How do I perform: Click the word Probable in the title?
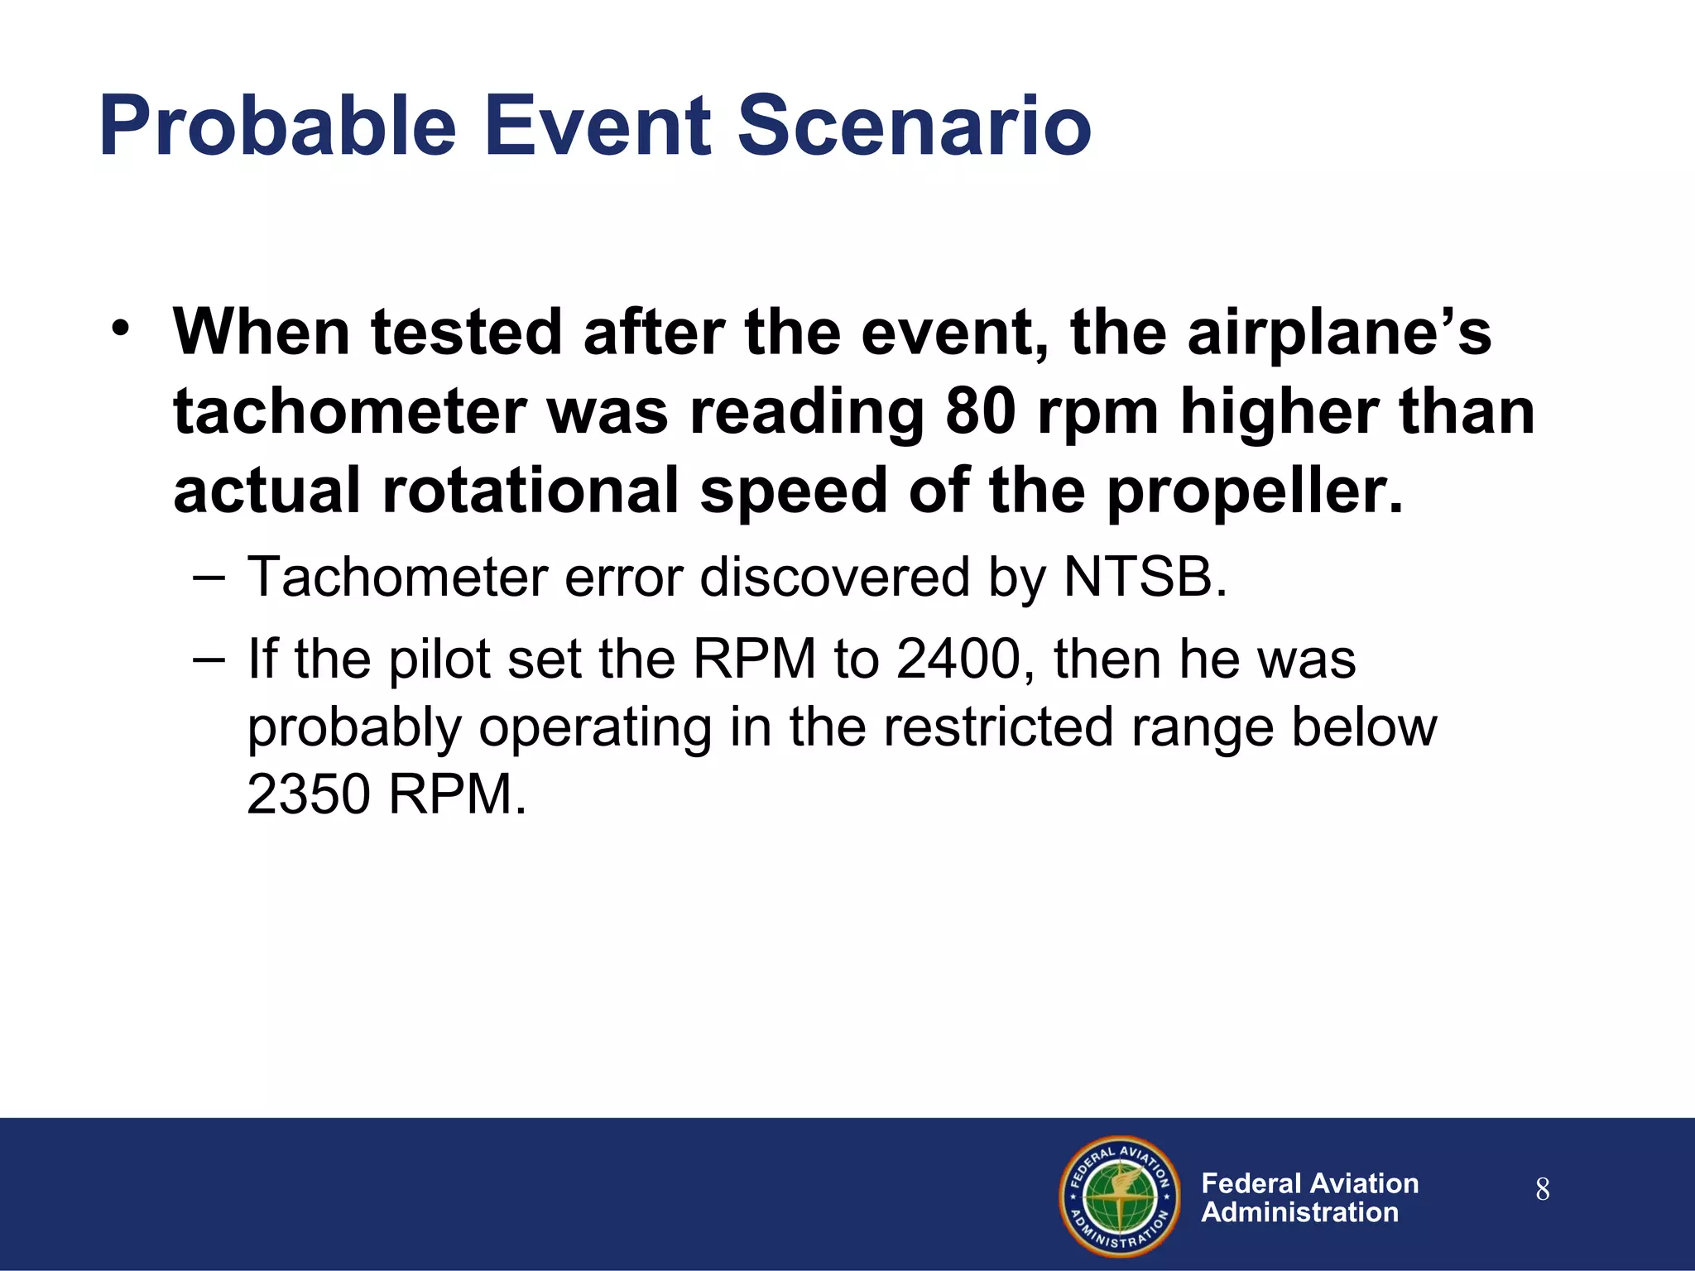(x=277, y=127)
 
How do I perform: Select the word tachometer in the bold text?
(x=349, y=412)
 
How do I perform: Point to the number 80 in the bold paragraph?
(x=980, y=412)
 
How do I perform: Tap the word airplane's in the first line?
(x=1338, y=333)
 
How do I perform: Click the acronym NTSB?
(x=1145, y=577)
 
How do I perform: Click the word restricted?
(x=998, y=727)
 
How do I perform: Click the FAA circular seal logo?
(x=1120, y=1197)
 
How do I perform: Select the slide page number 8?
(x=1542, y=1190)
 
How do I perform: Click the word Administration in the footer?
(x=1299, y=1213)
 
